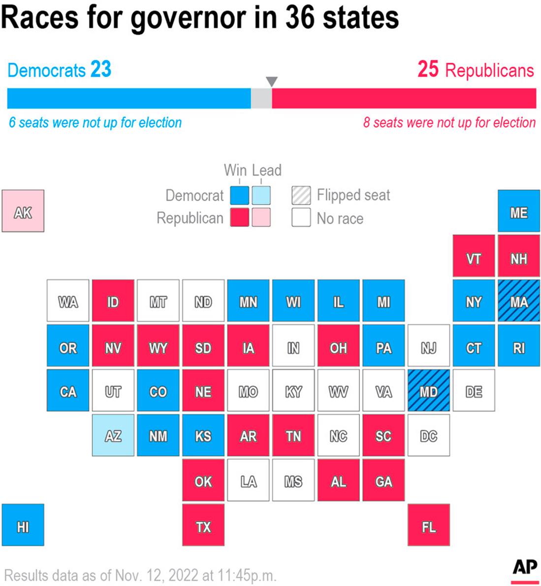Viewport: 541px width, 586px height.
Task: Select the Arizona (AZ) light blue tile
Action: point(113,435)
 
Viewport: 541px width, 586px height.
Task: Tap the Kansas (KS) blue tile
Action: point(203,435)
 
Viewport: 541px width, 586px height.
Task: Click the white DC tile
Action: point(428,435)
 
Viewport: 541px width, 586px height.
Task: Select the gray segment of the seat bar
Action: point(261,98)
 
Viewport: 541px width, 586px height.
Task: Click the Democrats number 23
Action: point(101,69)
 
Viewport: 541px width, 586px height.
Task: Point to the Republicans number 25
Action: point(428,69)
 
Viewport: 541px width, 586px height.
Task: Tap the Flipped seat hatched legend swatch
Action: point(301,195)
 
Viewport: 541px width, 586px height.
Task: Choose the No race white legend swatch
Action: point(301,217)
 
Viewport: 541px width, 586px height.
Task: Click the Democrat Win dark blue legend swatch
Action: point(240,195)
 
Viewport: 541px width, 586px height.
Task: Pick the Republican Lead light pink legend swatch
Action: point(261,217)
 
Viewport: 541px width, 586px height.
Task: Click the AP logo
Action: point(525,569)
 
